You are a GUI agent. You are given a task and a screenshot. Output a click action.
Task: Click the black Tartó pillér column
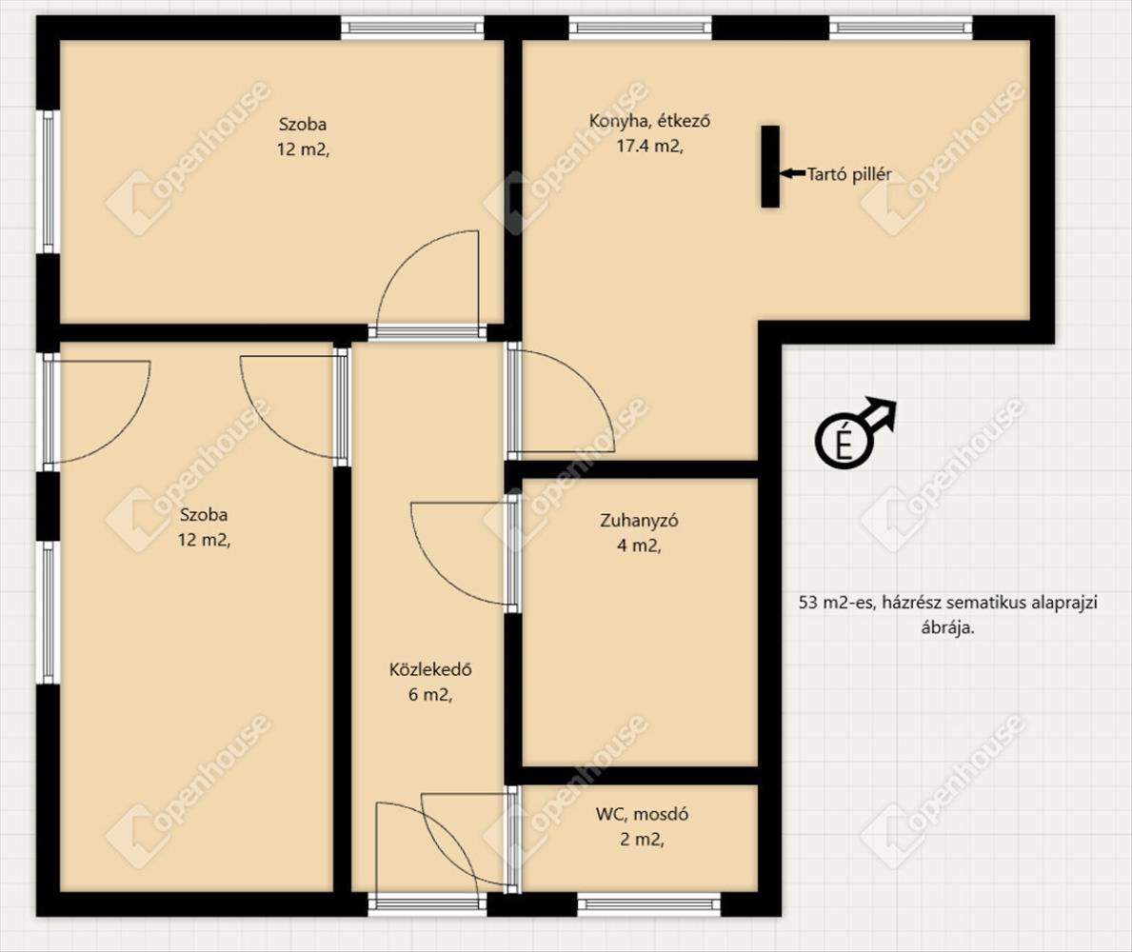770,167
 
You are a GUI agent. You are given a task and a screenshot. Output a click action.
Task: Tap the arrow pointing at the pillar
793,173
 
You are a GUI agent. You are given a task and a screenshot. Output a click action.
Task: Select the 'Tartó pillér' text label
849,174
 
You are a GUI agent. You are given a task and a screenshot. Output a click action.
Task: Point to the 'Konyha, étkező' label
649,121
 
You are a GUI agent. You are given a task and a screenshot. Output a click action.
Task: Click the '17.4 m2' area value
646,146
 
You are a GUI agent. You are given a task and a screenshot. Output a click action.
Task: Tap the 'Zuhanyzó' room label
639,521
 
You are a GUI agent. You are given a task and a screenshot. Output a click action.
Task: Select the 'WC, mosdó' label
642,814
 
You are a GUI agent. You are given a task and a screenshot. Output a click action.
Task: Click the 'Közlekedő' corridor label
430,669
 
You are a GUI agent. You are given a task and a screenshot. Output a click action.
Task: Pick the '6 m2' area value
428,695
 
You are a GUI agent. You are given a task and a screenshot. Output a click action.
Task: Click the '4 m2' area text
637,545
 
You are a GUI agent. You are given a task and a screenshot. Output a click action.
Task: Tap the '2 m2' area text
640,840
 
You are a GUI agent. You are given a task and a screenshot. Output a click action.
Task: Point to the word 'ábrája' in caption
945,627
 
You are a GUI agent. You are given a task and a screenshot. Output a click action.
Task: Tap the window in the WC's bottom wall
649,903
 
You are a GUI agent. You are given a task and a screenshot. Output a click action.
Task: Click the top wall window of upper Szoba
412,28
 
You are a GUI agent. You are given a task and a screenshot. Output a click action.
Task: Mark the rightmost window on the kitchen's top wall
901,28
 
